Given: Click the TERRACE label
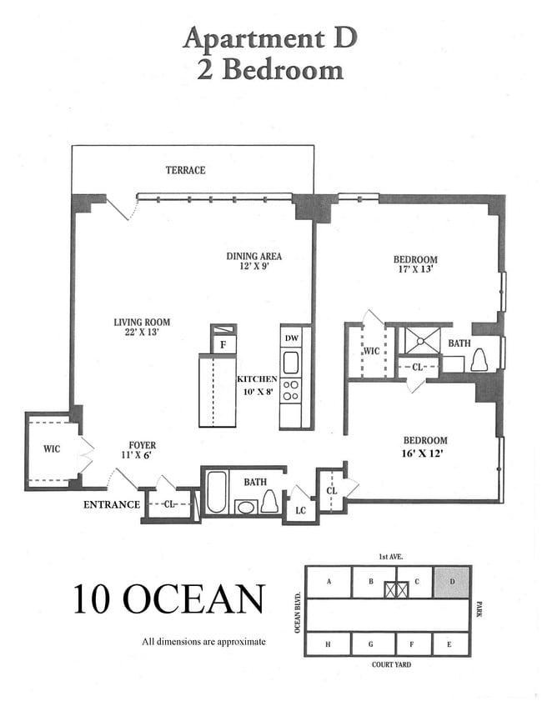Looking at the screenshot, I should [185, 170].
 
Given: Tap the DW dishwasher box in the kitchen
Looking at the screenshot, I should [291, 338].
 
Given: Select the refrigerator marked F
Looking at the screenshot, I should [223, 343].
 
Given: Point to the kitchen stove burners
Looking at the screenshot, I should [291, 390].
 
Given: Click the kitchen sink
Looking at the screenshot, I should [291, 363].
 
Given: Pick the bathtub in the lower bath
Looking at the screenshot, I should [215, 493].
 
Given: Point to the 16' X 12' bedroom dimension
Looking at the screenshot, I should [425, 454].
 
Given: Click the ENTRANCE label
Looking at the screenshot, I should [111, 504].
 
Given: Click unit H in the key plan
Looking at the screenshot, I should [327, 644].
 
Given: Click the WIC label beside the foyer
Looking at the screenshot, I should [52, 449].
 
